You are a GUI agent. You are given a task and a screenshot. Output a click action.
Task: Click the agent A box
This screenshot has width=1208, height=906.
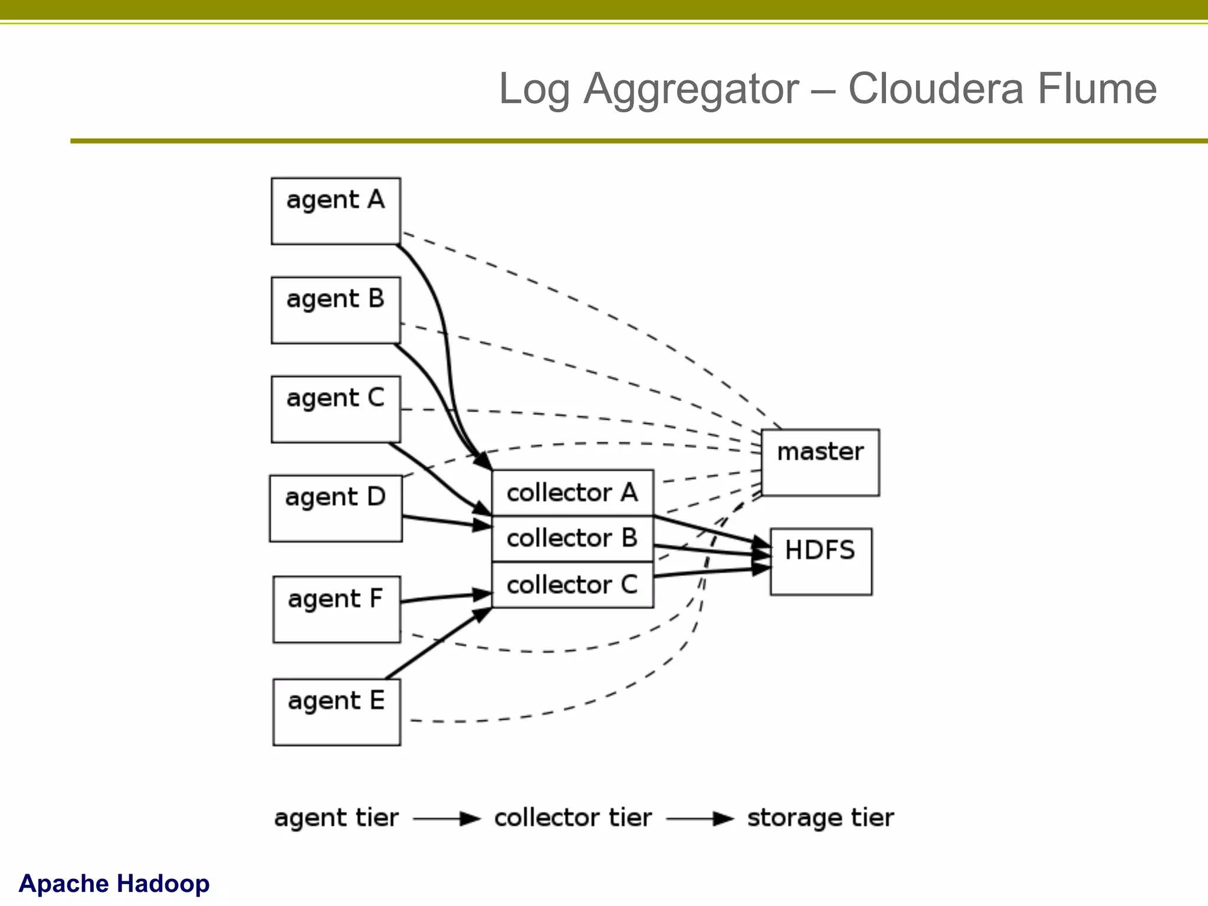[336, 211]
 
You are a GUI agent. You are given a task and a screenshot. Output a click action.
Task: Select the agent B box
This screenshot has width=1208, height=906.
[336, 310]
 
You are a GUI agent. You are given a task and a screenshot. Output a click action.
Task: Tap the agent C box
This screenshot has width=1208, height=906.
[336, 409]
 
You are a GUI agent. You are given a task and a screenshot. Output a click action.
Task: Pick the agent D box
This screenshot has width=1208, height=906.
[336, 508]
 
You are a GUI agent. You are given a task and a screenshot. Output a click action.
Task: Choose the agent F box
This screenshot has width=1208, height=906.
[336, 609]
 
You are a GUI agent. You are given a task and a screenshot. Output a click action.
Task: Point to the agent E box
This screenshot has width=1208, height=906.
[336, 712]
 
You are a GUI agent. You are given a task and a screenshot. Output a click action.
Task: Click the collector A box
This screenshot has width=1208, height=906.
[572, 493]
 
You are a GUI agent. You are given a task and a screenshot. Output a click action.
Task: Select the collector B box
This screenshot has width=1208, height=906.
[572, 539]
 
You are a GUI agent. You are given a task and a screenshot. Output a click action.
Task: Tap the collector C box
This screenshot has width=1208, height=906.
[572, 585]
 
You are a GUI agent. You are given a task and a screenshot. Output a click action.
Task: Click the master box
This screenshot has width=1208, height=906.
[820, 462]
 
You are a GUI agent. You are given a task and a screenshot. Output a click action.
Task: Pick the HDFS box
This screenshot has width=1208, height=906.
[820, 562]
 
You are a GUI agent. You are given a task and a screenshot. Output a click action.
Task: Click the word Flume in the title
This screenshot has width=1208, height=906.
[1097, 89]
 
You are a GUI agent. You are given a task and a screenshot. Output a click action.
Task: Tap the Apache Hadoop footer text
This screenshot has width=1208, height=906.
[114, 884]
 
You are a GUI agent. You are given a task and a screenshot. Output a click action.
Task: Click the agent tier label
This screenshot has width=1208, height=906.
[336, 818]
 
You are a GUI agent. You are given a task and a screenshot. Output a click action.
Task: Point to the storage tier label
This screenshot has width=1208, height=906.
[820, 818]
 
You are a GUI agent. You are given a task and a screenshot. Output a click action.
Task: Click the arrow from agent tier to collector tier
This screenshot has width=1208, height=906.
[447, 819]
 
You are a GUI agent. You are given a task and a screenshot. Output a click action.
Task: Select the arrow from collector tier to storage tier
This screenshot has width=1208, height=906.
[700, 819]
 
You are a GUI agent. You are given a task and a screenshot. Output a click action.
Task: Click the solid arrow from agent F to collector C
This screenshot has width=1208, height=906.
[446, 598]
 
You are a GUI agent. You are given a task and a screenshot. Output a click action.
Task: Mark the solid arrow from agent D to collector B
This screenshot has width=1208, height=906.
[446, 521]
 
